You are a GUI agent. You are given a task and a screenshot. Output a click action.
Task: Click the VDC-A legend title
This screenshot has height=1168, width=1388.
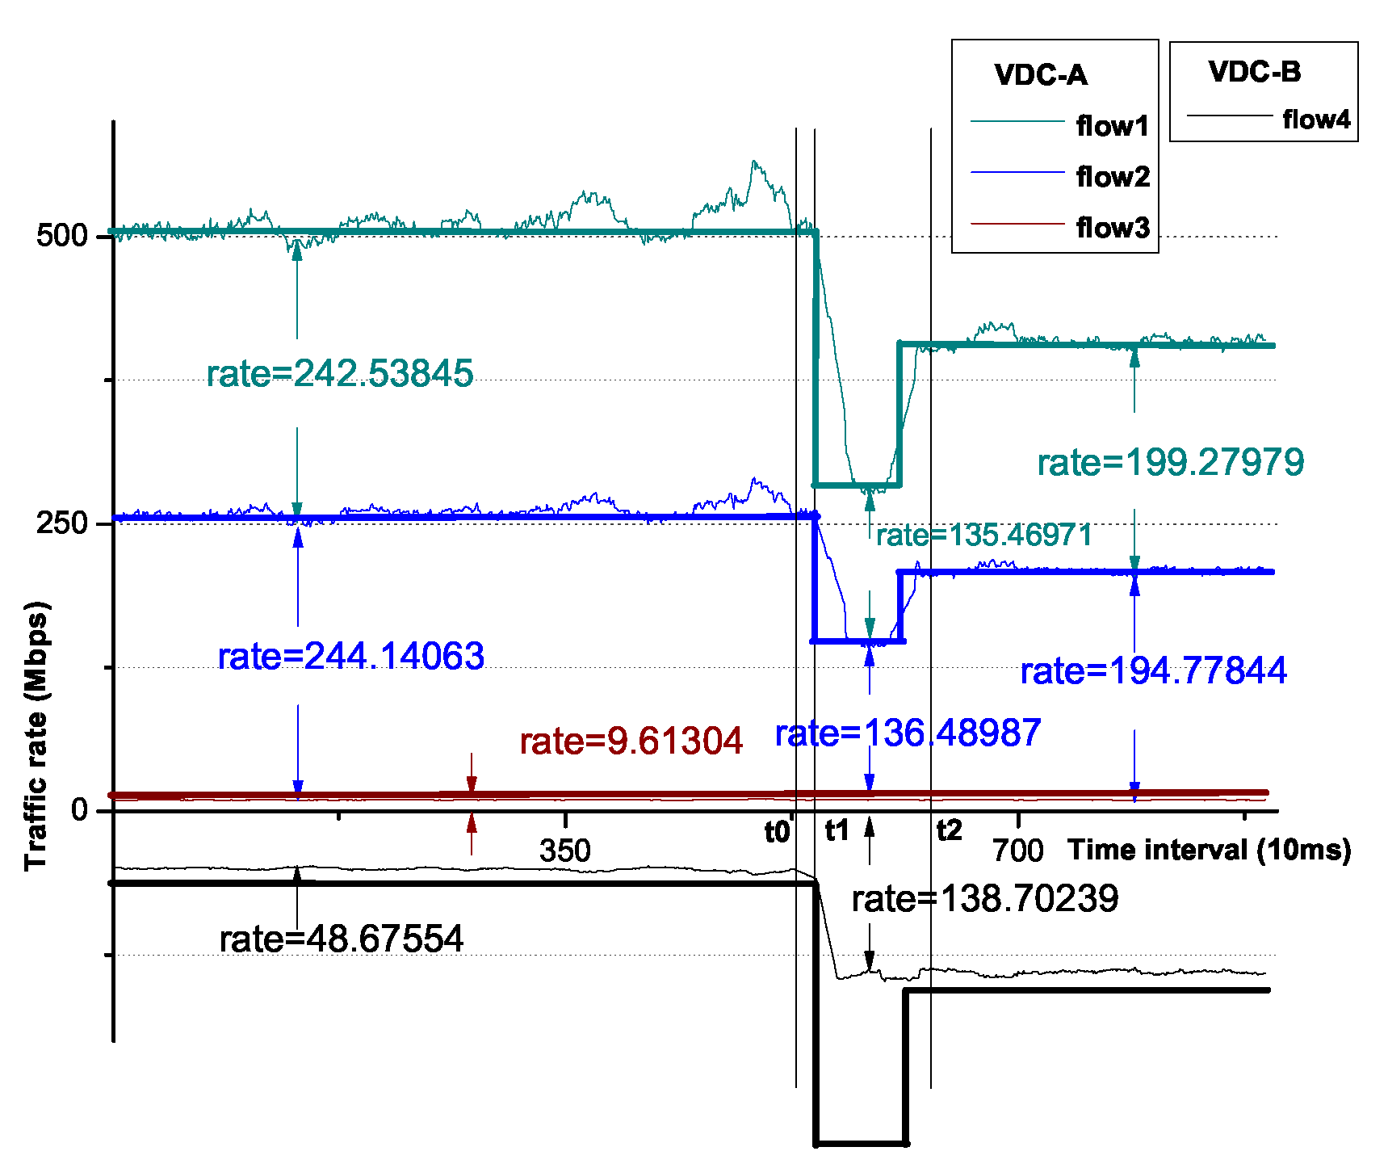coord(1040,75)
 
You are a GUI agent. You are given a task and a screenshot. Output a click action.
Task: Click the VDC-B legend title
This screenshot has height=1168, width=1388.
coord(1254,72)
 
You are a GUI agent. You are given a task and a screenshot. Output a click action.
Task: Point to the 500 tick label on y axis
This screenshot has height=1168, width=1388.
coord(61,235)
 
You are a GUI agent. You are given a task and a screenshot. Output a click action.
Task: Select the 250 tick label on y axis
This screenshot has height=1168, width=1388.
coord(61,523)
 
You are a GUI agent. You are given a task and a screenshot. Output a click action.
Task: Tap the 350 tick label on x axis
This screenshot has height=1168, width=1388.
coord(564,851)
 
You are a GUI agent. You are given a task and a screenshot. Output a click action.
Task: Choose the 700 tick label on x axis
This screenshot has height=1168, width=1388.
coord(1017,851)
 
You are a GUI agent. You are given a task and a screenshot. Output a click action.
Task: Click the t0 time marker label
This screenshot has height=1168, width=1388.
coord(777,832)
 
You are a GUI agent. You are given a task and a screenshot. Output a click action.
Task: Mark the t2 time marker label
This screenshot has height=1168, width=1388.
coord(950,830)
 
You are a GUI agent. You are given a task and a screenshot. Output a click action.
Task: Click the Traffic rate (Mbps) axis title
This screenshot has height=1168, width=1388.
coord(36,735)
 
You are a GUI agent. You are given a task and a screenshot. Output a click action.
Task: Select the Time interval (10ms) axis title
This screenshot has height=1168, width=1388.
coord(1209,850)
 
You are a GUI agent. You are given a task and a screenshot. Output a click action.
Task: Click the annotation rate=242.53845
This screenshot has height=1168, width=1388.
coord(339,373)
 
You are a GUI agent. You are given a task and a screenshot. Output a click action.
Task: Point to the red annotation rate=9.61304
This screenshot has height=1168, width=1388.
coord(631,741)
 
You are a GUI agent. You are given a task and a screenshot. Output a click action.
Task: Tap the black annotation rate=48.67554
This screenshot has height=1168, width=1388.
coord(341,939)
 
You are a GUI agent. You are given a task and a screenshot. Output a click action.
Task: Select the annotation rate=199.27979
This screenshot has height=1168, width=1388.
coord(1170,463)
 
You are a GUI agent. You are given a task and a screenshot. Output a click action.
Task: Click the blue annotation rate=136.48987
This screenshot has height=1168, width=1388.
coord(908,733)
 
